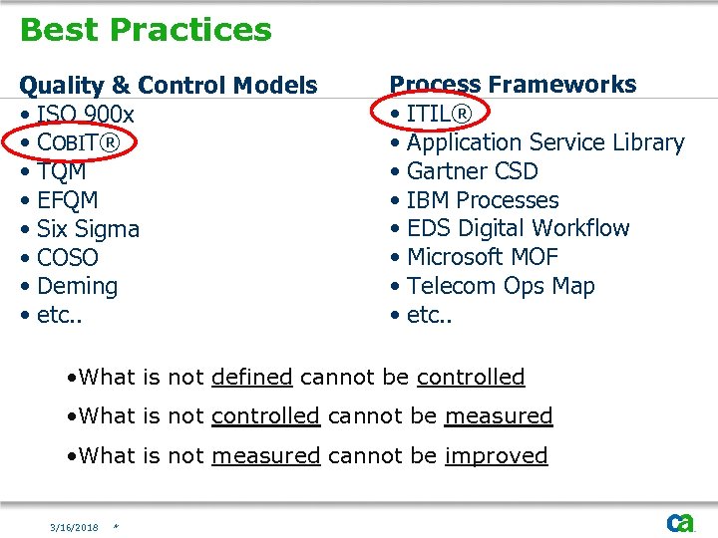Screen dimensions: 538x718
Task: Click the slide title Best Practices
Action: coord(146,30)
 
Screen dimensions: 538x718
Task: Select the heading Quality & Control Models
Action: coord(169,86)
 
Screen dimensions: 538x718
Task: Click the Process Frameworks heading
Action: coord(513,85)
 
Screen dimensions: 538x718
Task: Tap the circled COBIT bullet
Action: coord(78,143)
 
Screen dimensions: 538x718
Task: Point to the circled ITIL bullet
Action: coord(439,114)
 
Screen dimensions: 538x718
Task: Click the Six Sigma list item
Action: coord(88,229)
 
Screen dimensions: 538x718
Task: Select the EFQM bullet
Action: coord(67,200)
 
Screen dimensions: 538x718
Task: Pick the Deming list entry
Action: coord(77,287)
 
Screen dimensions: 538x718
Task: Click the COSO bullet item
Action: coord(67,258)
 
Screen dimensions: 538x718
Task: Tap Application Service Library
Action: coord(545,142)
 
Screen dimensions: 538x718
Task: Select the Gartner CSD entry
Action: coord(472,171)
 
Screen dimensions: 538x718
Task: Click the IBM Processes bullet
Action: coord(483,200)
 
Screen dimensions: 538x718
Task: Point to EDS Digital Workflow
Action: coord(518,228)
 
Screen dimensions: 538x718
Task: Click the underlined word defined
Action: coord(251,378)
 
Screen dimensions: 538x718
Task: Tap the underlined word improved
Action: coord(496,456)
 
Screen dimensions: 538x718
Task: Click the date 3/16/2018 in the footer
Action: coord(75,527)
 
